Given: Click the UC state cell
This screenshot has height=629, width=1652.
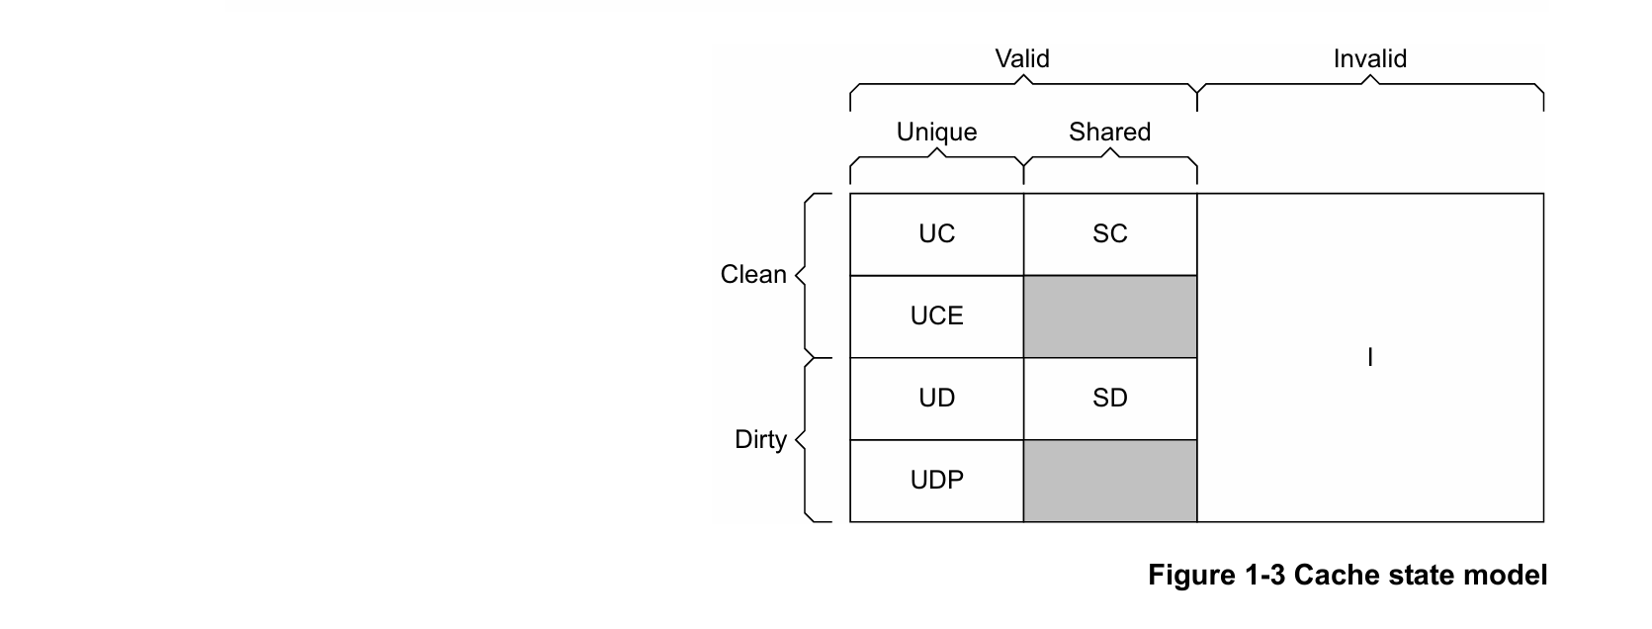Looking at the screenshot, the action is [936, 234].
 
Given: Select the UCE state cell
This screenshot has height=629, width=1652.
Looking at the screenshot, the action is [936, 316].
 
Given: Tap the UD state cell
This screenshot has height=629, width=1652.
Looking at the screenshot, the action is [936, 399].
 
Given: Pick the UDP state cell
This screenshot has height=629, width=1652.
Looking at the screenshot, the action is [936, 481].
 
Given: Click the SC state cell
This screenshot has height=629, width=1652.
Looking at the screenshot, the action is [1110, 234].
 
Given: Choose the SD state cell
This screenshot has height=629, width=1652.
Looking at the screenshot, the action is [1110, 399].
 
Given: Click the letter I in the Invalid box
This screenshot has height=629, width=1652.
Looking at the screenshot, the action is [1370, 358].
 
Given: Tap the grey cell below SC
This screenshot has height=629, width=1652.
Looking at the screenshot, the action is [1110, 316].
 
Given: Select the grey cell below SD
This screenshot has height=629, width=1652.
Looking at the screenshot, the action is [1110, 481].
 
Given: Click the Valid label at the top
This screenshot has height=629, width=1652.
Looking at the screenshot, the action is [1022, 58].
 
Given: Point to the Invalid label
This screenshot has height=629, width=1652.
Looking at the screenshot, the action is [1370, 58].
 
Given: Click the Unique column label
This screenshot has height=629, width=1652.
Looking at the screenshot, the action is [936, 132].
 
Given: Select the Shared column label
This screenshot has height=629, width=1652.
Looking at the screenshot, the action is [1110, 132].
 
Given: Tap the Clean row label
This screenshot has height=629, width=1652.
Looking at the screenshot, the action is [753, 274].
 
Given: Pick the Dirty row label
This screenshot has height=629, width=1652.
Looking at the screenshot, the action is [760, 439].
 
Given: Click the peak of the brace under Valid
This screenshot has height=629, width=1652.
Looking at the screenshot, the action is [1023, 76].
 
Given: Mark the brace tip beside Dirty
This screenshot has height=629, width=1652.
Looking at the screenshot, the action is [796, 440].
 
